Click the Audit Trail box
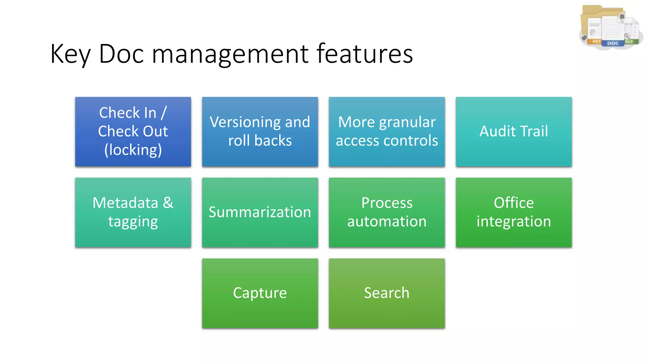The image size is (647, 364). pyautogui.click(x=513, y=131)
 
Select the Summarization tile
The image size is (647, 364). pyautogui.click(x=260, y=212)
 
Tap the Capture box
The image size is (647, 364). pyautogui.click(x=260, y=293)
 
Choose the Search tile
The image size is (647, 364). pyautogui.click(x=387, y=293)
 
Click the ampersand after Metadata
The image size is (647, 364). pyautogui.click(x=168, y=203)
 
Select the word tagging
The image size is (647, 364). pyautogui.click(x=133, y=221)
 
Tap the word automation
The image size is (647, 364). pyautogui.click(x=387, y=221)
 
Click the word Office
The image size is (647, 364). pyautogui.click(x=514, y=203)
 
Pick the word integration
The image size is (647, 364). pyautogui.click(x=514, y=221)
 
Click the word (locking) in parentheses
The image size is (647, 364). pyautogui.click(x=133, y=150)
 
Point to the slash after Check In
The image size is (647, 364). pyautogui.click(x=163, y=113)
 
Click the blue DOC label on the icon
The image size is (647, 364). pyautogui.click(x=613, y=43)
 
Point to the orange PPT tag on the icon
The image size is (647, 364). pyautogui.click(x=596, y=41)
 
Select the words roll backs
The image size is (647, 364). pyautogui.click(x=260, y=141)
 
